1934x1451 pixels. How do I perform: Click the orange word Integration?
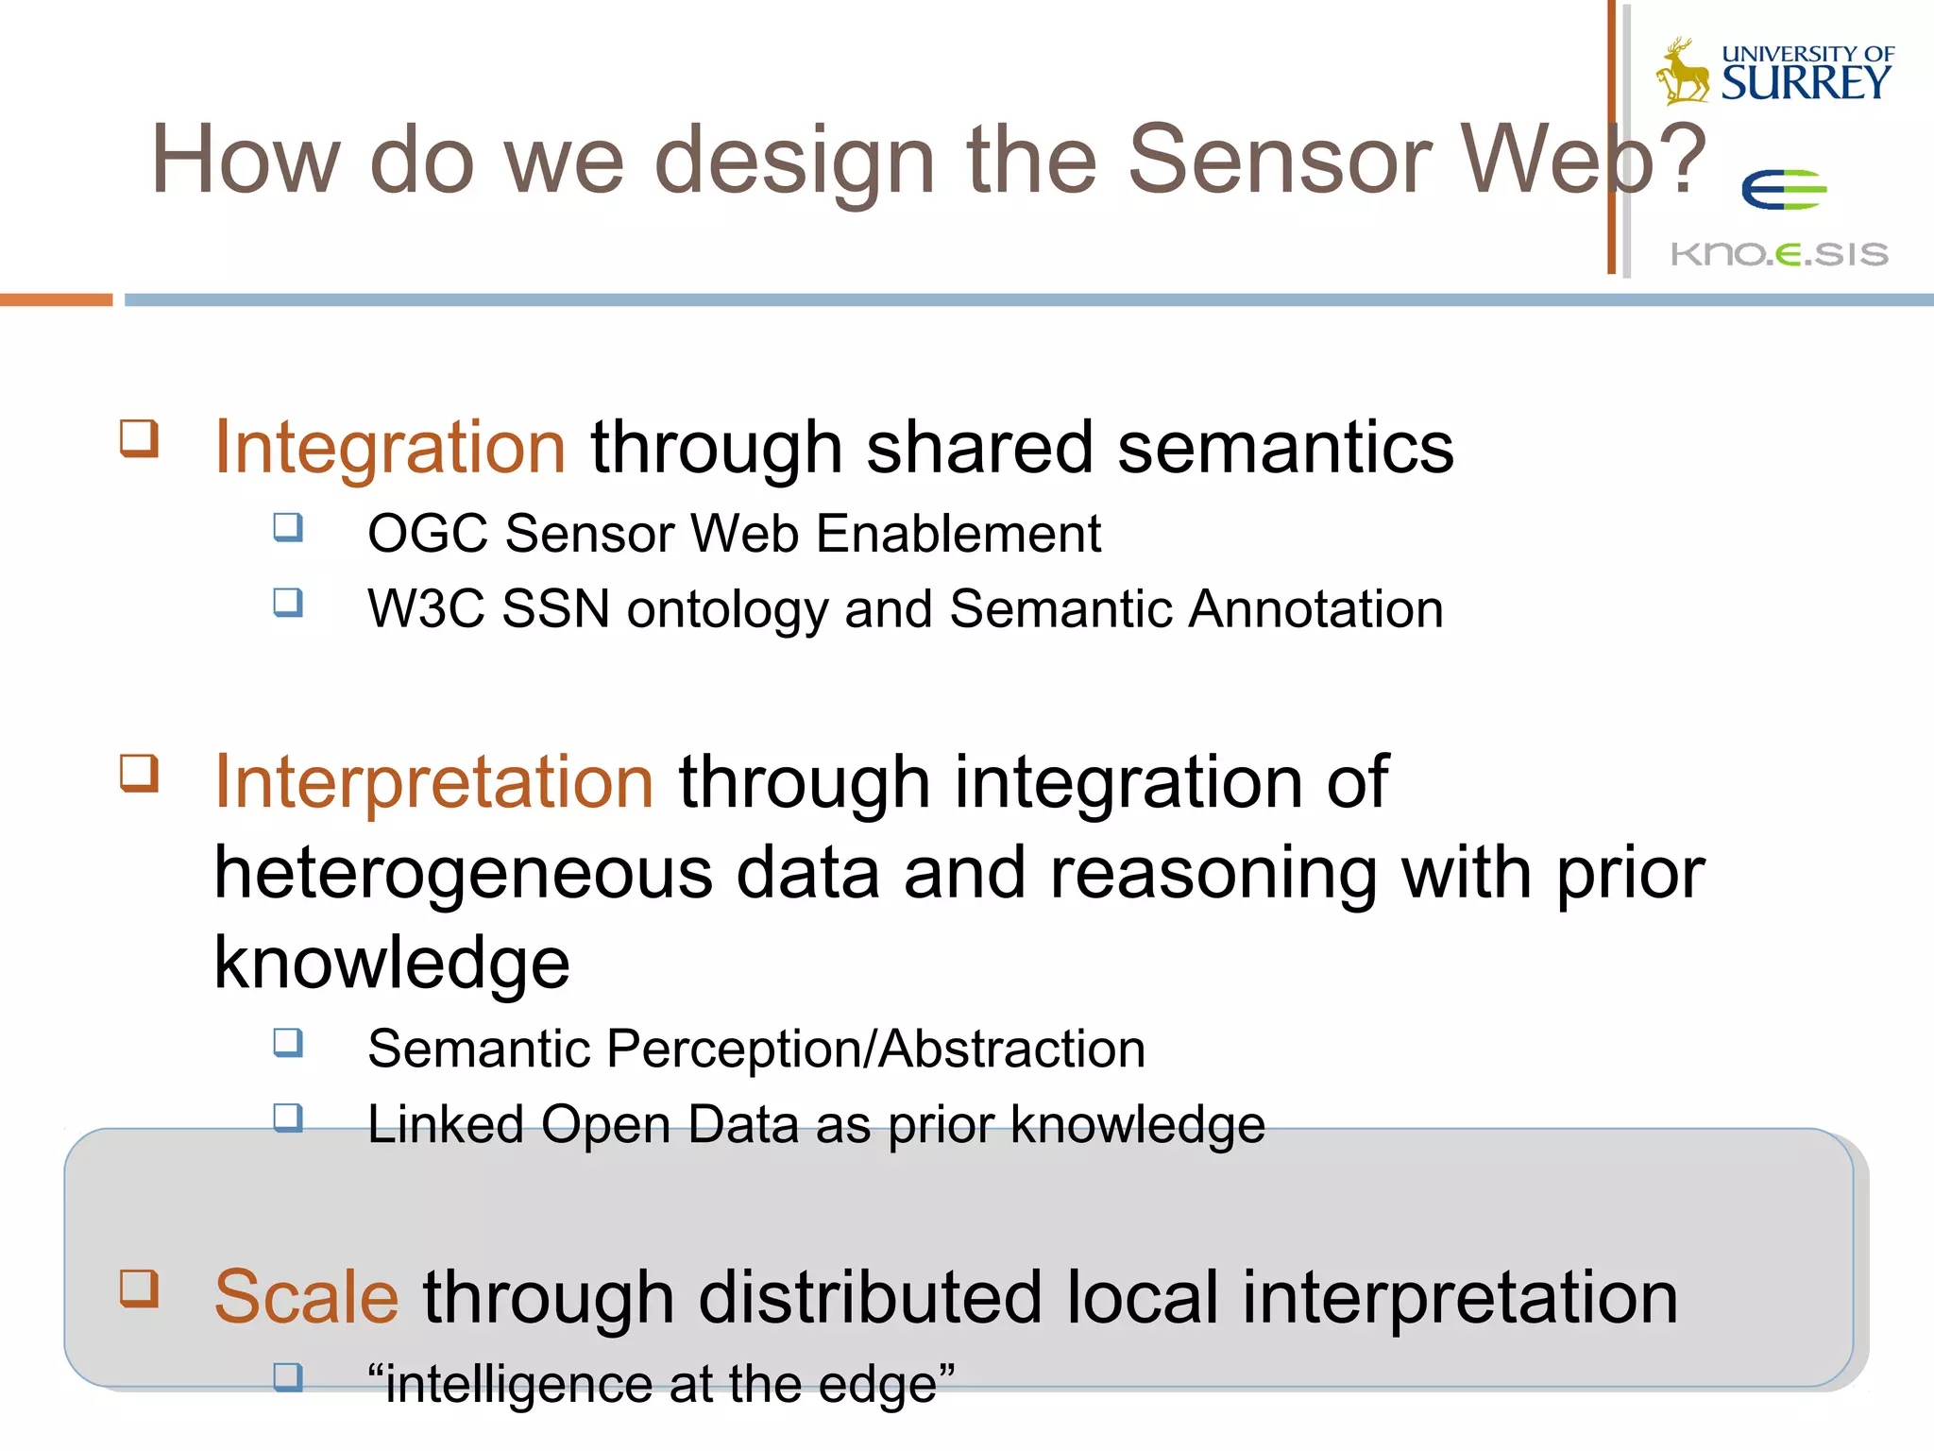click(x=389, y=447)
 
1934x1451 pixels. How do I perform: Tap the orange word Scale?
click(x=306, y=1297)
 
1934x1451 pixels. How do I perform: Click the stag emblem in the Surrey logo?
click(x=1683, y=72)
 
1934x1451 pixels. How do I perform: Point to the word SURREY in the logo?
click(x=1806, y=83)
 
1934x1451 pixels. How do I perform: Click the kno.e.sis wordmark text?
click(x=1779, y=254)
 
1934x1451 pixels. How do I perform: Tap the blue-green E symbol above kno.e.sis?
click(x=1783, y=190)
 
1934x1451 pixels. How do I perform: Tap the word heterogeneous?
click(x=463, y=874)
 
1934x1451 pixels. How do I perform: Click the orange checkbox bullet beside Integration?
click(x=139, y=439)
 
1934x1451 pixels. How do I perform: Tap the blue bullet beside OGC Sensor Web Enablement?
click(x=288, y=527)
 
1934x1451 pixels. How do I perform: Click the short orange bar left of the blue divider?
click(x=56, y=299)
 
